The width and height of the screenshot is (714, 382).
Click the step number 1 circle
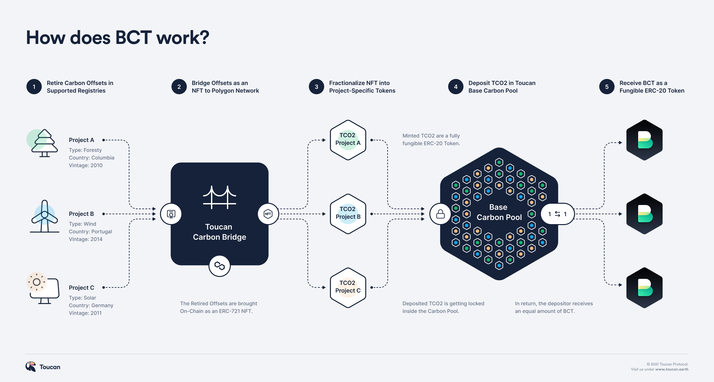34,87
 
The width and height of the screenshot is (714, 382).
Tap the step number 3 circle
317,87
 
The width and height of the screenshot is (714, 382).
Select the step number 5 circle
607,87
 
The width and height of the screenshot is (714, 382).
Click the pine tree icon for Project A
44,143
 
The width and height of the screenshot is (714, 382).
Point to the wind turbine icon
45,216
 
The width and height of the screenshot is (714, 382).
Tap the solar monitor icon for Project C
44,288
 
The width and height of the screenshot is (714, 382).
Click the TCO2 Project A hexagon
348,140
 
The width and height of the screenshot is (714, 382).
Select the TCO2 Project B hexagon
348,214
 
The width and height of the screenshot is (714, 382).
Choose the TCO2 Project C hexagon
348,287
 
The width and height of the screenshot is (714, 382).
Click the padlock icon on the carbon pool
440,214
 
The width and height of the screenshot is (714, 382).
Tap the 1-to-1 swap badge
557,214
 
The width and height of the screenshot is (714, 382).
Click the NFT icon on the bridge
268,214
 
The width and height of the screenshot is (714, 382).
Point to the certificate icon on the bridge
171,214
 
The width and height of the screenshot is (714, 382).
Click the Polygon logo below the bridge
220,266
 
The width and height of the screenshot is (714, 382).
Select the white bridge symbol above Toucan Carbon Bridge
220,197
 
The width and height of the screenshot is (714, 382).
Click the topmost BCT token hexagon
645,140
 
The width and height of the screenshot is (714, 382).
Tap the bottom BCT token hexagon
645,288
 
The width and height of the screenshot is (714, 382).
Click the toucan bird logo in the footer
31,367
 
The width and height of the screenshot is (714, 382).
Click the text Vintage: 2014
86,239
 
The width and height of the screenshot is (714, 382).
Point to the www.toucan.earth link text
672,370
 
